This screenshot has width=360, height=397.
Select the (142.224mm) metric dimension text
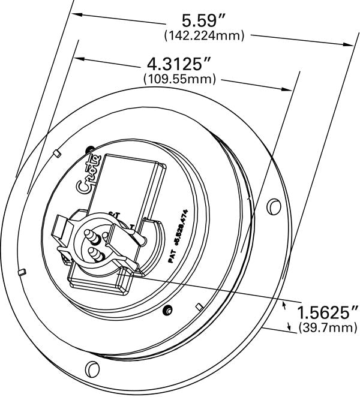coord(204,37)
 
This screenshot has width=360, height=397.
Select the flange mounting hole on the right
coord(274,206)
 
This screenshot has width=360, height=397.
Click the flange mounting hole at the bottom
coord(92,367)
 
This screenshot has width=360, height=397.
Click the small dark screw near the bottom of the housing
coord(169,310)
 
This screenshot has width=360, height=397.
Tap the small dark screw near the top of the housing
coord(90,149)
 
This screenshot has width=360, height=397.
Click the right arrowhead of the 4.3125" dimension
coord(292,89)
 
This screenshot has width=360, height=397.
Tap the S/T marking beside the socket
coord(115,213)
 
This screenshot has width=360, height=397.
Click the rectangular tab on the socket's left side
coord(60,228)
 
